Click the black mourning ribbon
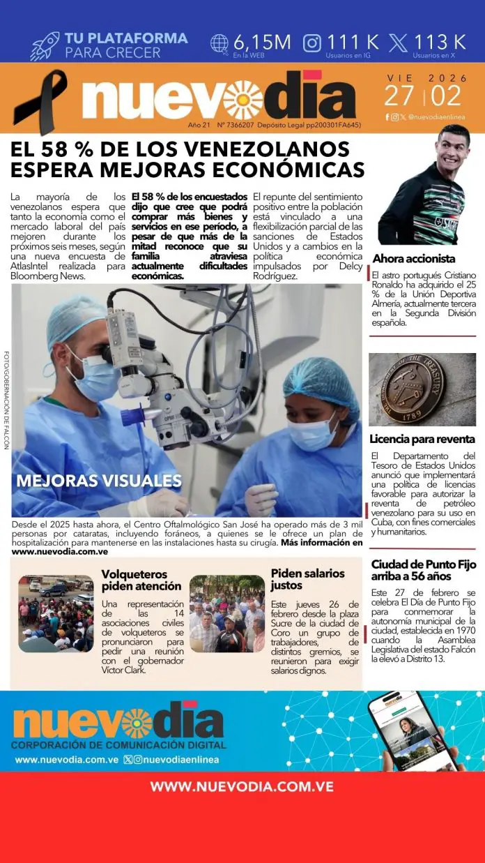tap(40, 101)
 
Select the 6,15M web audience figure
tap(261, 42)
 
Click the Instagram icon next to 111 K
tap(313, 43)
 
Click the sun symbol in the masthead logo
tap(243, 100)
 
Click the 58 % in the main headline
tap(74, 149)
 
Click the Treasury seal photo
tap(422, 389)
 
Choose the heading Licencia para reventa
tap(422, 440)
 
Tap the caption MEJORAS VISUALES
tap(99, 481)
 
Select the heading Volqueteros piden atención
tap(141, 580)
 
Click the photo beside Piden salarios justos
tap(227, 613)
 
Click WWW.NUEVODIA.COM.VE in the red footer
tap(243, 786)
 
